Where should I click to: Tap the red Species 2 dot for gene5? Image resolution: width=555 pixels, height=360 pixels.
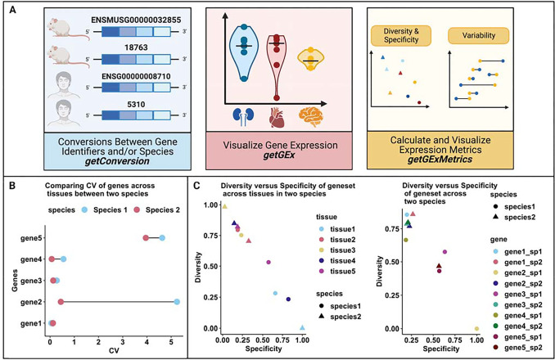[146, 238]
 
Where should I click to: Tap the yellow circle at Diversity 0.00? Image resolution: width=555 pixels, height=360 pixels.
[476, 328]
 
